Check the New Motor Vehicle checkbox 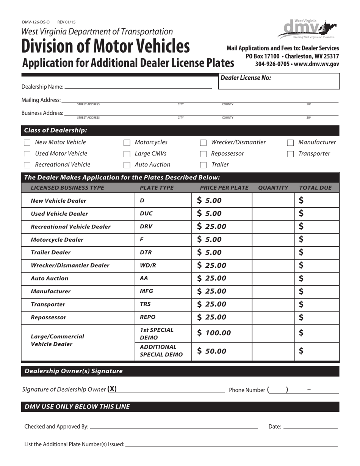27,143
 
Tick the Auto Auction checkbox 127,165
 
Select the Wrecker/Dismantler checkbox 203,143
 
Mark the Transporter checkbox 290,154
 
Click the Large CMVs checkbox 127,154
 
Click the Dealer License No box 279,81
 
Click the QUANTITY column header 273,188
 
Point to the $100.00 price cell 214,333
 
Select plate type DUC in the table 146,214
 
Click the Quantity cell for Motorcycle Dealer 273,240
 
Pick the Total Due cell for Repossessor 317,317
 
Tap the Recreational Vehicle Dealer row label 70,227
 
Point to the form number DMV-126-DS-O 36,22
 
